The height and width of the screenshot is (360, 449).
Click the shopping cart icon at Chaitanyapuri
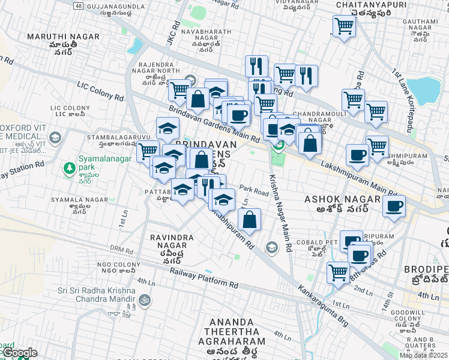click(344, 26)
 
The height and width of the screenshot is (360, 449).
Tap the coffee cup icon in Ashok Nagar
click(394, 206)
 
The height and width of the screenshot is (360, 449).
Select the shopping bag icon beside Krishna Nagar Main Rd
click(250, 220)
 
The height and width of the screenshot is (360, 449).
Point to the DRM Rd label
click(121, 249)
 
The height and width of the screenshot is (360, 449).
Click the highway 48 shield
click(79, 6)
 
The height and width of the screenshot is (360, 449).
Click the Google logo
click(20, 353)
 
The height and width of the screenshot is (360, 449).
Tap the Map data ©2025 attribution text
click(423, 355)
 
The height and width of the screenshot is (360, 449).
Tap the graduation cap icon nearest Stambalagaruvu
click(168, 128)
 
